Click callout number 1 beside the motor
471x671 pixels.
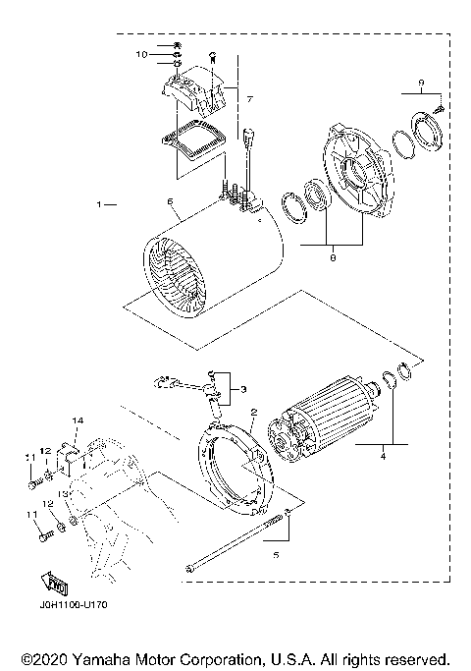(x=100, y=205)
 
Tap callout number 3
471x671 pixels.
(x=243, y=389)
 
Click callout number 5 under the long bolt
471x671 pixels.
(x=276, y=555)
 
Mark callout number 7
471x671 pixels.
(x=249, y=99)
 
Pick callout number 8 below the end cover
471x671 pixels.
(x=332, y=258)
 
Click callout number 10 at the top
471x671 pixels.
(x=140, y=53)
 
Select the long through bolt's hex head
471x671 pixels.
(x=187, y=567)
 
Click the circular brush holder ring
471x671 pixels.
(x=234, y=466)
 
